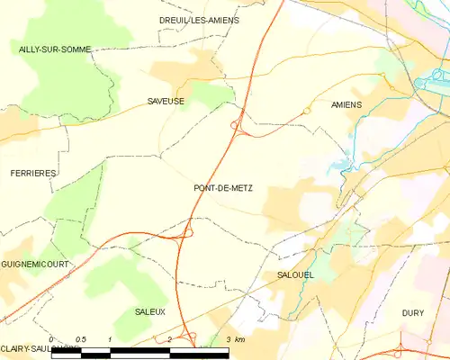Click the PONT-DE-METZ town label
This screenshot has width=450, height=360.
point(223,188)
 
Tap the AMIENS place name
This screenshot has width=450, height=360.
point(346,105)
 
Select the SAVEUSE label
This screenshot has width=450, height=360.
point(166,102)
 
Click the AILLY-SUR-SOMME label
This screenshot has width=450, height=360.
point(55,49)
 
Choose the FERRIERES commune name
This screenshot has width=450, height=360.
point(33,172)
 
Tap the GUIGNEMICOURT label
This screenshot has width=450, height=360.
point(36,264)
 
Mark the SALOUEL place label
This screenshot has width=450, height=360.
point(295,274)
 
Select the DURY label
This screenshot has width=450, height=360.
point(414,310)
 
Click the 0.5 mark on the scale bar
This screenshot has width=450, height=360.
point(81,339)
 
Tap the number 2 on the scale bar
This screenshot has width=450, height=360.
point(169,339)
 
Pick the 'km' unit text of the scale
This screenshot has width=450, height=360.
point(239,339)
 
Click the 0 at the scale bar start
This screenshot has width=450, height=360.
point(51,339)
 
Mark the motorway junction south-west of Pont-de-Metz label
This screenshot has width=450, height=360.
point(186,232)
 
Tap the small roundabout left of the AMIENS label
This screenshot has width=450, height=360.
point(307,111)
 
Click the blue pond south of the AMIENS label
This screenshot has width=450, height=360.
point(339,166)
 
